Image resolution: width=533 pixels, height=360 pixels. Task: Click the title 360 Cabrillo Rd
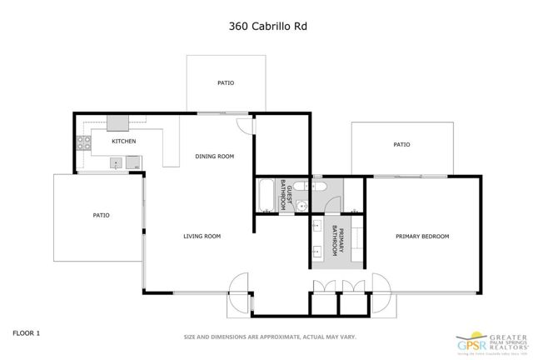[x=266, y=25]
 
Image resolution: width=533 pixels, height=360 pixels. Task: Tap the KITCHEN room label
[x=124, y=141]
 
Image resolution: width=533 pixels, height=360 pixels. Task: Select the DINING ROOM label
[x=214, y=157]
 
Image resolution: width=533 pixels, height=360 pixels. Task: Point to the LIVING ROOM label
[x=202, y=237]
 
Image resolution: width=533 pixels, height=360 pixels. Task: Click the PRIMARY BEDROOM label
[x=421, y=237]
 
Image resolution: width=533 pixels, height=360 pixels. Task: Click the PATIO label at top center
[x=225, y=83]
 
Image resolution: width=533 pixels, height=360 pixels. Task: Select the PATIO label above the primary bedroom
[x=401, y=145]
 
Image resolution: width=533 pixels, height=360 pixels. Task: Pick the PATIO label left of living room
[x=101, y=216]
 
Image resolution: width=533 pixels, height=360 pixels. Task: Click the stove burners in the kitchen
[x=83, y=143]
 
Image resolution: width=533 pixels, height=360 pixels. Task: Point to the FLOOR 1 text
[x=26, y=332]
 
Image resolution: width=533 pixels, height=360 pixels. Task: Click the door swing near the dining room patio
[x=243, y=123]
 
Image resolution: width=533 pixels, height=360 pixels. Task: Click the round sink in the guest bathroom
[x=305, y=204]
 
